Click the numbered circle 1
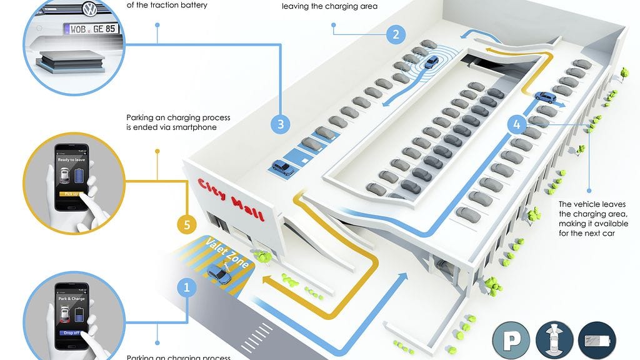tap(186, 287)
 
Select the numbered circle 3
tap(281, 124)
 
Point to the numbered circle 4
tap(516, 124)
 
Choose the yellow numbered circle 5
tap(186, 223)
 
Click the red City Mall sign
tap(231, 199)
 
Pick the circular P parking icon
tap(511, 341)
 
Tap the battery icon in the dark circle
tap(597, 341)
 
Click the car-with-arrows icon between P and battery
tap(554, 341)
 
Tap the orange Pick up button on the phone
tap(69, 194)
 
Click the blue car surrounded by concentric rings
tap(431, 61)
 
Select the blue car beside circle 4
tap(545, 98)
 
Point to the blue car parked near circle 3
tap(282, 167)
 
